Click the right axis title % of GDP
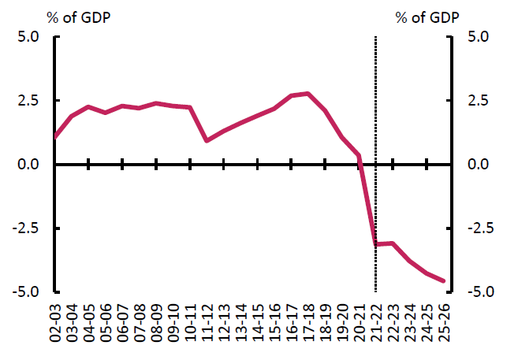[x=427, y=16]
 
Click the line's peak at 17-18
[x=307, y=94]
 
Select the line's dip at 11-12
[x=207, y=141]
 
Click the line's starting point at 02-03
[x=55, y=136]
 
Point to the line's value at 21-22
[x=375, y=244]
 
